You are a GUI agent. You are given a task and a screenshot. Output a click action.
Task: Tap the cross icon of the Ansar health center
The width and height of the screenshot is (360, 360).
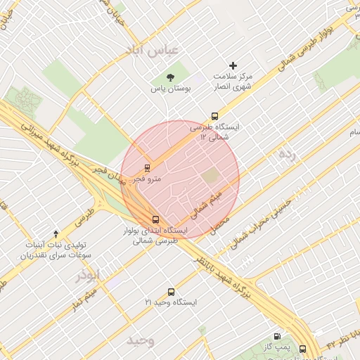[234, 65]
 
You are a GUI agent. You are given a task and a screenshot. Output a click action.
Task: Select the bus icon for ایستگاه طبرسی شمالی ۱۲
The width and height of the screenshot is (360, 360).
[214, 117]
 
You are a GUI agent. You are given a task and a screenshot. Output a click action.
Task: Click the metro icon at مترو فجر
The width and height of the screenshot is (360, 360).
[147, 168]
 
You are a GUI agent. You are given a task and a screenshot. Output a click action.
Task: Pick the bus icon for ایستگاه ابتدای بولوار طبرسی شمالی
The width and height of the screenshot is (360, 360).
[156, 219]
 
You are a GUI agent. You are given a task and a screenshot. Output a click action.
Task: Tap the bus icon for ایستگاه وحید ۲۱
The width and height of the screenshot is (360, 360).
[171, 292]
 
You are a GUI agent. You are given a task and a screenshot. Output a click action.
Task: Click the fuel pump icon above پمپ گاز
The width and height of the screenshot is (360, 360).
[278, 337]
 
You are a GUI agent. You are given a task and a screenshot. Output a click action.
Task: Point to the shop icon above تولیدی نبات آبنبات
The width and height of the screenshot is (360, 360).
[56, 233]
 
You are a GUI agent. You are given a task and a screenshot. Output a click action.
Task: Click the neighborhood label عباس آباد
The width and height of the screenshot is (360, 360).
[153, 49]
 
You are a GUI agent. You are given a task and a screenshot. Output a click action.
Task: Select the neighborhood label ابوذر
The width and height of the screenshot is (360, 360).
[89, 274]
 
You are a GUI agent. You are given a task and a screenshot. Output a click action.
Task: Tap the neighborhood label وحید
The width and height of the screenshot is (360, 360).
[141, 340]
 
